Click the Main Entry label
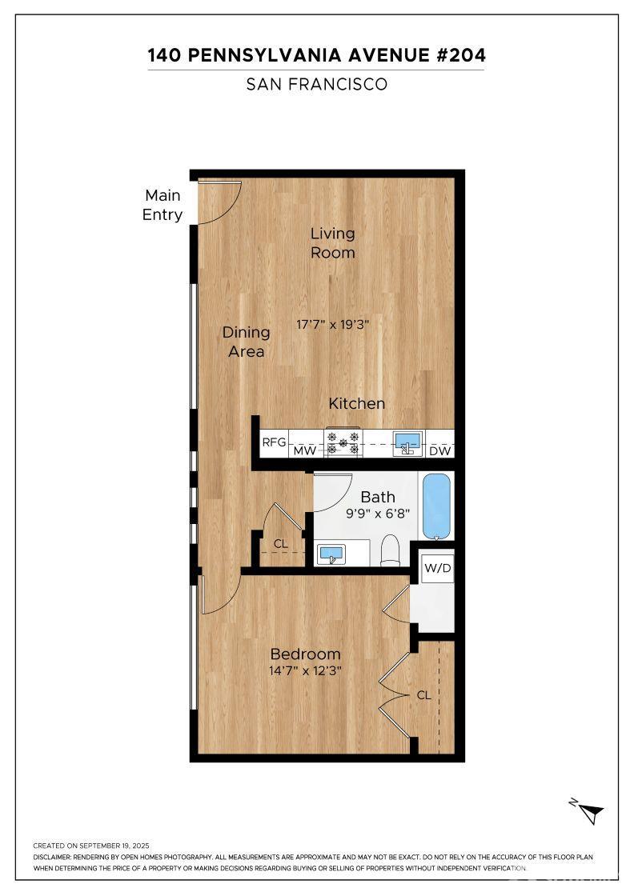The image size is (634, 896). [163, 205]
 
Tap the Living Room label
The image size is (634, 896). [333, 243]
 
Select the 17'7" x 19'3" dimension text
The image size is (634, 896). [333, 325]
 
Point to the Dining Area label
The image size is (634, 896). [246, 342]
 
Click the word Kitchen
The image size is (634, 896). [357, 403]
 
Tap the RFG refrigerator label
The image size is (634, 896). [274, 442]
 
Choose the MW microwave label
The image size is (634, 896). [305, 451]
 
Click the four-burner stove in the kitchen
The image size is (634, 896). [343, 443]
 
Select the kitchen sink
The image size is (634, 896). [408, 443]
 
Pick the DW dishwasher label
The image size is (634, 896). [440, 451]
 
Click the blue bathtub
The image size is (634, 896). [436, 506]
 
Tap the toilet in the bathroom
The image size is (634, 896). [391, 551]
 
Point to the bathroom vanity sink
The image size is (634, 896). [331, 554]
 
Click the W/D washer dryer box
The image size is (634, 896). [438, 568]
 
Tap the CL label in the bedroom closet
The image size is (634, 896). [423, 695]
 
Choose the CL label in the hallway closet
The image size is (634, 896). [281, 543]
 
